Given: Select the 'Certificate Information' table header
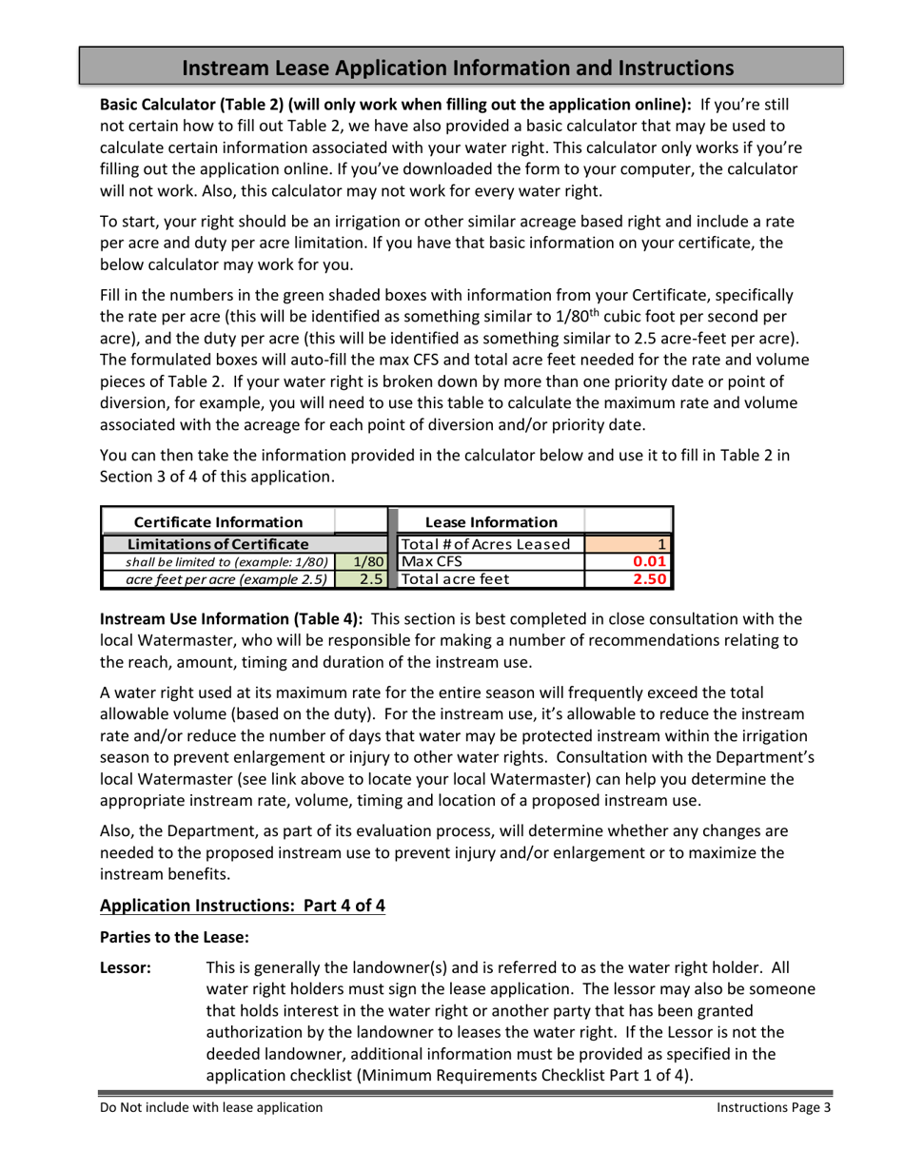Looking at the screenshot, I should click(x=218, y=521).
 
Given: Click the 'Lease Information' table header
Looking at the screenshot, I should click(x=491, y=521).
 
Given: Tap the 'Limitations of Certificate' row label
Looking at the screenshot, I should click(x=218, y=543).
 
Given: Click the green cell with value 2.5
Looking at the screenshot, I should click(x=362, y=577).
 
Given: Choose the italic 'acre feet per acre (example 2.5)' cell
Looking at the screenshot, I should click(x=218, y=577).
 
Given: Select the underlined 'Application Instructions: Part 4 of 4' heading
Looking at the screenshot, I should click(x=243, y=905).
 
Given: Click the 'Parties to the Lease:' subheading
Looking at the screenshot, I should click(x=174, y=937).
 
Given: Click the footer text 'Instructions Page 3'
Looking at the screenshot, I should click(x=774, y=1107).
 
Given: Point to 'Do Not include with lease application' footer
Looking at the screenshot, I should click(x=211, y=1107).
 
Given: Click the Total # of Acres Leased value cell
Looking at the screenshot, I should click(x=628, y=543).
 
